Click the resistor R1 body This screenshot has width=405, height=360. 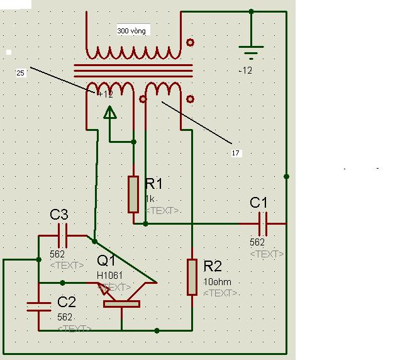pyautogui.click(x=133, y=194)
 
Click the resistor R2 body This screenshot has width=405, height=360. pyautogui.click(x=192, y=277)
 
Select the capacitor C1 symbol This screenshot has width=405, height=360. pyautogui.click(x=263, y=224)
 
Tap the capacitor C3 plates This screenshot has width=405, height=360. pyautogui.click(x=62, y=235)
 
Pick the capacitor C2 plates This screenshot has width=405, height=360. pyautogui.click(x=39, y=307)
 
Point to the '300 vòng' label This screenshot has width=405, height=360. pyautogui.click(x=131, y=31)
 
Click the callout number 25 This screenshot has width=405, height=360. pyautogui.click(x=20, y=73)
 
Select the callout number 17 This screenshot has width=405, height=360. pyautogui.click(x=236, y=153)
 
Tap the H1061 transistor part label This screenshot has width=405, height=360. pyautogui.click(x=110, y=275)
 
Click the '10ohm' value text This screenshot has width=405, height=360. pyautogui.click(x=217, y=282)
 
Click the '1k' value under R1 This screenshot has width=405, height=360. pyautogui.click(x=150, y=199)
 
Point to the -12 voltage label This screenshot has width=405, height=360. pyautogui.click(x=245, y=70)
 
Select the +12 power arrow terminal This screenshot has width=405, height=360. pyautogui.click(x=110, y=113)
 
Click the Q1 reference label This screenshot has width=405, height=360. pyautogui.click(x=106, y=260)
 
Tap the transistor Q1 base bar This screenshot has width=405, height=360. pyautogui.click(x=121, y=304)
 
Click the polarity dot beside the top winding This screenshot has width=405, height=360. pyautogui.click(x=190, y=42)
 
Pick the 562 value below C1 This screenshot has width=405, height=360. pyautogui.click(x=257, y=242)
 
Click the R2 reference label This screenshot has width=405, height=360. pyautogui.click(x=213, y=266)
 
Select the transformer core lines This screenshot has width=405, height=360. pyautogui.click(x=133, y=71)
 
